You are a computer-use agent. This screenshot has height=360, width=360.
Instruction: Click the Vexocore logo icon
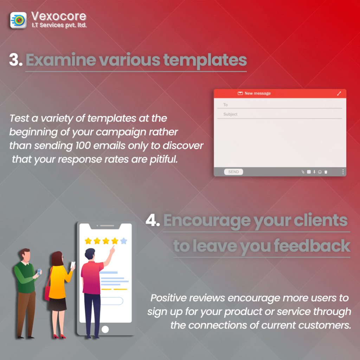pos(18,20)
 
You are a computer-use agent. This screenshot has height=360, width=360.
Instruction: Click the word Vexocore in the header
pos(59,16)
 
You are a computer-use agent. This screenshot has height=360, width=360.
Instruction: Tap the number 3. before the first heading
pos(16,60)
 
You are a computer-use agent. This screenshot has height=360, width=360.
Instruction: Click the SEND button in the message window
pos(233,172)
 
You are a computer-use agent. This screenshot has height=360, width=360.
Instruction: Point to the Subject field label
pos(230,114)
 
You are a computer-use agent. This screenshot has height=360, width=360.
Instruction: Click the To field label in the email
pos(225,105)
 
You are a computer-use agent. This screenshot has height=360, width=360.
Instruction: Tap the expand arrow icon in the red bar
pos(339,94)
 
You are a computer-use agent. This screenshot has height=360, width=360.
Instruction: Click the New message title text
pos(258,93)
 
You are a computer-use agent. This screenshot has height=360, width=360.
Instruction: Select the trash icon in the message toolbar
pos(326,172)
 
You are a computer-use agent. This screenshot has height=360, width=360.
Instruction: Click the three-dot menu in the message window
pos(343,172)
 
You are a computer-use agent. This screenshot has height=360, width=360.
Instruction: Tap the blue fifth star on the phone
pos(124,241)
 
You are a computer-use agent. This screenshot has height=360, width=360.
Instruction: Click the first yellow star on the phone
pos(88,241)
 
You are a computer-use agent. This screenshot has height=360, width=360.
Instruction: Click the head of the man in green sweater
pos(25,255)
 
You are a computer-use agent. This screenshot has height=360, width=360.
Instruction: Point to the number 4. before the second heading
pos(153,220)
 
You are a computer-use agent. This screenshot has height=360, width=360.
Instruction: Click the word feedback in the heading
pos(312,246)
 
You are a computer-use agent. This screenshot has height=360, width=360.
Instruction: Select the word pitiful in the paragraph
pos(164,159)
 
